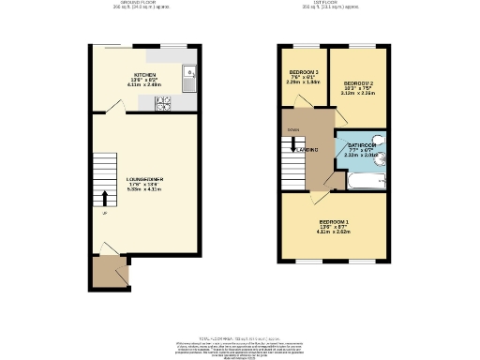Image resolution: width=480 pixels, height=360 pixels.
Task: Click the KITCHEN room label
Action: tap(144, 75)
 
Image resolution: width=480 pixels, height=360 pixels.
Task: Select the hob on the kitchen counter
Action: tap(162, 105)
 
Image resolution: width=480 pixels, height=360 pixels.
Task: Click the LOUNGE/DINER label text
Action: tap(144, 178)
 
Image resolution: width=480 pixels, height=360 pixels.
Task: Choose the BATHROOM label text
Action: tap(362, 146)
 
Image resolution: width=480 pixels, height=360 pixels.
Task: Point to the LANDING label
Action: tap(307, 150)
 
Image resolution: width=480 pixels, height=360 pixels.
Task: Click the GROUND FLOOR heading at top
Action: tap(144, 4)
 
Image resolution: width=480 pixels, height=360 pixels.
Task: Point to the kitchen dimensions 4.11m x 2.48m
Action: tap(144, 86)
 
